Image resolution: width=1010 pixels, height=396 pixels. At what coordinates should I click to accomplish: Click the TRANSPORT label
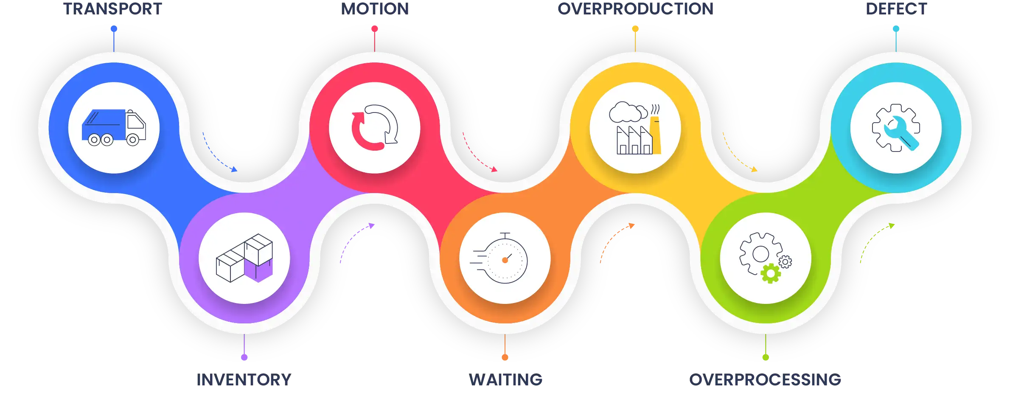[113, 9]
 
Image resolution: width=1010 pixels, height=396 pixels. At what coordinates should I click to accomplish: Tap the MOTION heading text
[375, 9]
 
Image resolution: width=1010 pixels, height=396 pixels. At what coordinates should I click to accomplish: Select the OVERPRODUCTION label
[635, 9]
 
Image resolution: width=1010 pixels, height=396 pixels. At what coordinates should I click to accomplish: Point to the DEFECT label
[896, 9]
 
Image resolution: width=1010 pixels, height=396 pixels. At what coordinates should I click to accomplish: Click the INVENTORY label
[244, 380]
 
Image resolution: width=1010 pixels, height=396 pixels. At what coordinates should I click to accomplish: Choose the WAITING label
[505, 380]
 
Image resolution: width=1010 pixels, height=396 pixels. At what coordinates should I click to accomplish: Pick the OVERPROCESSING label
[765, 380]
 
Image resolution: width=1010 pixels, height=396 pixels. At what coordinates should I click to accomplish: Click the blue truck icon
[114, 128]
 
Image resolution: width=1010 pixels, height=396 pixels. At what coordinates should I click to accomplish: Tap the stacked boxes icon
[244, 258]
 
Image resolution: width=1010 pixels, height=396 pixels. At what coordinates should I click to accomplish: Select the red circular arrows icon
[375, 128]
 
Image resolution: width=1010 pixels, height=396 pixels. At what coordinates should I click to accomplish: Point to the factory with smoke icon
[635, 128]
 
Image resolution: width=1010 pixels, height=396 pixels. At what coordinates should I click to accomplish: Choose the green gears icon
[765, 258]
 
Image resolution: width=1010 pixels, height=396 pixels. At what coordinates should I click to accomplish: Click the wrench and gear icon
[896, 128]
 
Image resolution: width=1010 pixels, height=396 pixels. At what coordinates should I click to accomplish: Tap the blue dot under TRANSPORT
[114, 29]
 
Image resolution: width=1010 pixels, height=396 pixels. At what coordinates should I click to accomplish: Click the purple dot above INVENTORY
[244, 357]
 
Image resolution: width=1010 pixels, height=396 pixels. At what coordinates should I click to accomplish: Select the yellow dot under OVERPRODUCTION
[635, 29]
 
